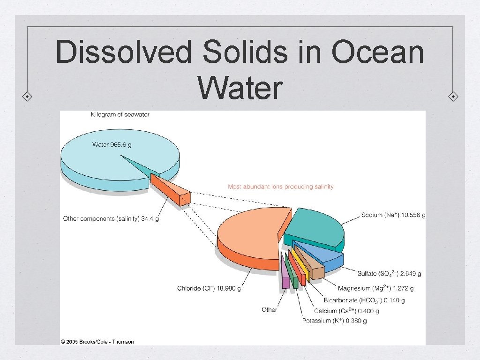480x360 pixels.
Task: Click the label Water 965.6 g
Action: tap(112, 144)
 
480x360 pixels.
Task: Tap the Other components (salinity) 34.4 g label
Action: tap(111, 219)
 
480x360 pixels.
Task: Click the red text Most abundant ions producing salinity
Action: tap(280, 187)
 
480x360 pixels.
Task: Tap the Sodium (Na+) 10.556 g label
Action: tap(393, 216)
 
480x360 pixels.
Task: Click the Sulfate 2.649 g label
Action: tap(389, 273)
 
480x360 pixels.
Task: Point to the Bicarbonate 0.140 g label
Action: tap(364, 300)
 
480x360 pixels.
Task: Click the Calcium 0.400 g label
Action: tap(346, 311)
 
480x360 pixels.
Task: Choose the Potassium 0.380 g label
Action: tap(334, 321)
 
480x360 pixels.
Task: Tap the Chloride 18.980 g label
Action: tap(209, 288)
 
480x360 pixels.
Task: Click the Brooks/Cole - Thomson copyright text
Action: tap(97, 341)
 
